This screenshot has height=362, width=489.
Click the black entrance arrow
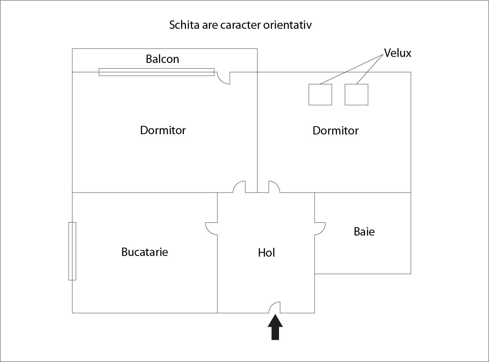[275, 328]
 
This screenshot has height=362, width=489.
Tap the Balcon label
[162, 59]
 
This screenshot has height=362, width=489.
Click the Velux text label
[397, 53]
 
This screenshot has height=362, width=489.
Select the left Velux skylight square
[320, 95]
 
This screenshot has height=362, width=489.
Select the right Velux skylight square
[356, 95]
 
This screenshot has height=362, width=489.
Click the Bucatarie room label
[145, 252]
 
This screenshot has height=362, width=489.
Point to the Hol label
[266, 253]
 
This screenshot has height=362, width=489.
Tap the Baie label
[364, 232]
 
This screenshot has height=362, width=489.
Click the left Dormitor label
[163, 130]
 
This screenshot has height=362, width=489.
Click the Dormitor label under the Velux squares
[335, 130]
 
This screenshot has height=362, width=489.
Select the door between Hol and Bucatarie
[212, 229]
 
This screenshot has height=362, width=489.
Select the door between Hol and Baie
[320, 229]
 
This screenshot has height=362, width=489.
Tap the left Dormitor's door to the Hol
[239, 187]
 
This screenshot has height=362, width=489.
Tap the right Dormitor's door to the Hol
[274, 187]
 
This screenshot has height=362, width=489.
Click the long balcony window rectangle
[156, 72]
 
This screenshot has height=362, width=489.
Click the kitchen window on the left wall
[72, 251]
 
